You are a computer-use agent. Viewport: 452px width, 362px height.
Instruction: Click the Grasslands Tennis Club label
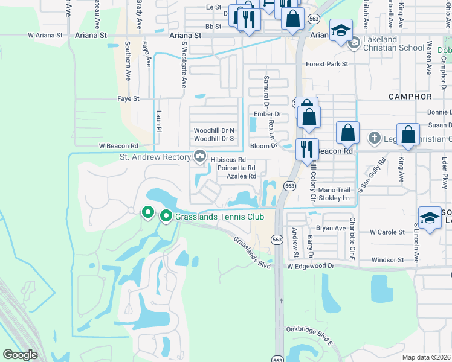click(216, 215)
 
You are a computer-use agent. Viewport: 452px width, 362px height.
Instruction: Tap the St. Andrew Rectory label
click(155, 158)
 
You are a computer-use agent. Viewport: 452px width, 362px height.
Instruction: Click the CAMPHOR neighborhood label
click(410, 97)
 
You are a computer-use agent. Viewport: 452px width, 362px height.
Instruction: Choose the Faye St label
click(128, 98)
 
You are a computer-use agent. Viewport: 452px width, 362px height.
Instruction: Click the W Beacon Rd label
click(118, 146)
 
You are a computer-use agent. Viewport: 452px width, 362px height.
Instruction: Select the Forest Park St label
click(328, 63)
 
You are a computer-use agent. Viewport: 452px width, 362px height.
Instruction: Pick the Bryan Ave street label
click(331, 229)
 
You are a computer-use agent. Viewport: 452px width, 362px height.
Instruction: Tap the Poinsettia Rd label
click(237, 168)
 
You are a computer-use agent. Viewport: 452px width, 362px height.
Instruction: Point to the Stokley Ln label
click(334, 198)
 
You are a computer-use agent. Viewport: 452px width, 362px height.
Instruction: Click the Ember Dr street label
click(270, 113)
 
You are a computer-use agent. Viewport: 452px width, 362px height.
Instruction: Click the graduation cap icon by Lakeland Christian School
click(341, 31)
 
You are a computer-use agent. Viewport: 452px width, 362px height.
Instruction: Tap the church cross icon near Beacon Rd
click(375, 138)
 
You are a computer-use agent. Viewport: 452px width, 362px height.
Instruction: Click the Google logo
click(20, 355)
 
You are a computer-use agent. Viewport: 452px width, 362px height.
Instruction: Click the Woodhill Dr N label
click(214, 130)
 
